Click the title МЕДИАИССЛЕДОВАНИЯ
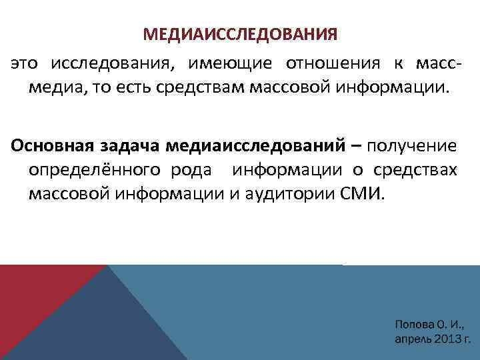click(x=240, y=33)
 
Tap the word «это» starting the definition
click(x=25, y=65)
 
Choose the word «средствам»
click(x=227, y=89)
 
